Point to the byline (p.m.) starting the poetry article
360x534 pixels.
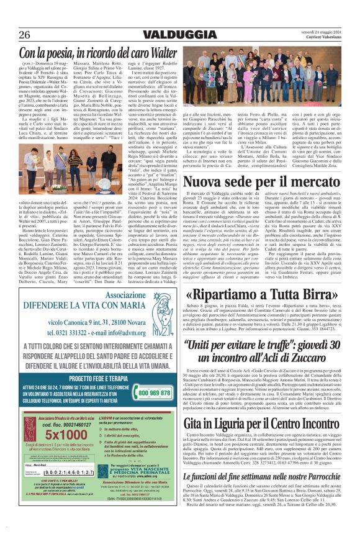click(29, 64)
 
